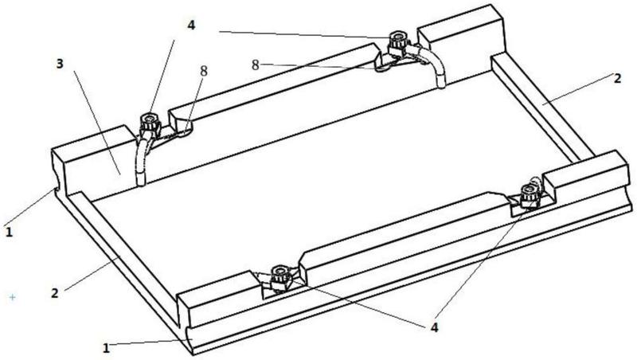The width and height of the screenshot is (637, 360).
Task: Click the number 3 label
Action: (60, 64)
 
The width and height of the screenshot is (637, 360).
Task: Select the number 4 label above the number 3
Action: (191, 25)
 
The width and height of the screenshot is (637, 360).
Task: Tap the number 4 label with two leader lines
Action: (434, 327)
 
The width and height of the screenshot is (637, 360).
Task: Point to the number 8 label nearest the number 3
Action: (204, 71)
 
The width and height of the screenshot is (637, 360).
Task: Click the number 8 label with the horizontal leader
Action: (255, 65)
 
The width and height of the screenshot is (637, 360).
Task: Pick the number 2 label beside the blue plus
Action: (54, 292)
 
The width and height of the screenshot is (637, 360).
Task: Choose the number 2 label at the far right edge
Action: (617, 78)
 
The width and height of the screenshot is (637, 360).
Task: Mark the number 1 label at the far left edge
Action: (9, 232)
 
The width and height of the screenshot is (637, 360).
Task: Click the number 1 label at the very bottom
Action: (106, 348)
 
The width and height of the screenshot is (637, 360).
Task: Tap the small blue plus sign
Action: (12, 297)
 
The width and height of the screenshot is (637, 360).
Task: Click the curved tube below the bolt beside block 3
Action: (142, 162)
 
